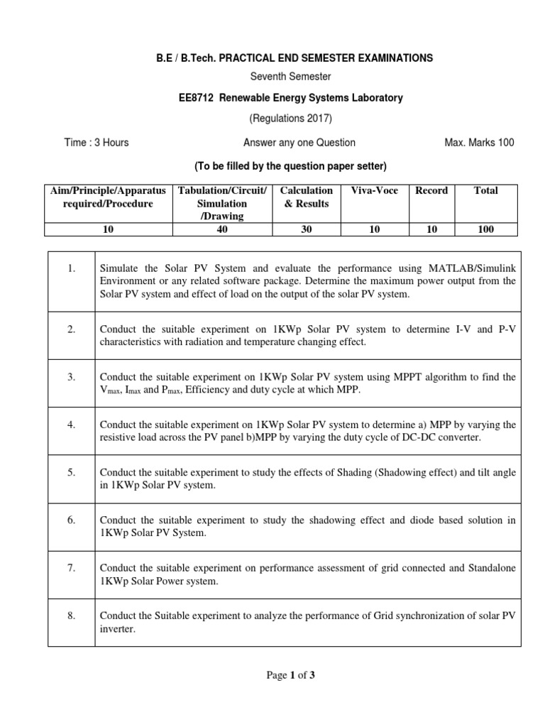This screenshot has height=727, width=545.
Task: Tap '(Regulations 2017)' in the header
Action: coord(290,119)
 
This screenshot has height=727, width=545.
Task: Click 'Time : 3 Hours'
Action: coord(97,143)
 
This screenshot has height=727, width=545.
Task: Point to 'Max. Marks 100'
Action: coord(479,143)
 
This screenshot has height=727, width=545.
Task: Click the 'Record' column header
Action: coord(431,190)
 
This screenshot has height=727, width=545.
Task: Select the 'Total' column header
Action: coord(485,190)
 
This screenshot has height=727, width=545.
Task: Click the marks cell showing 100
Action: coord(485,229)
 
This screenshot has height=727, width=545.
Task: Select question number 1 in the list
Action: coord(72,268)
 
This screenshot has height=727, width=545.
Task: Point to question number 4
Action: coord(72,425)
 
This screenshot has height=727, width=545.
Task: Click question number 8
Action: coord(72,616)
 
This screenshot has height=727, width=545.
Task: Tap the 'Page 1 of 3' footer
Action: coord(290,675)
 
